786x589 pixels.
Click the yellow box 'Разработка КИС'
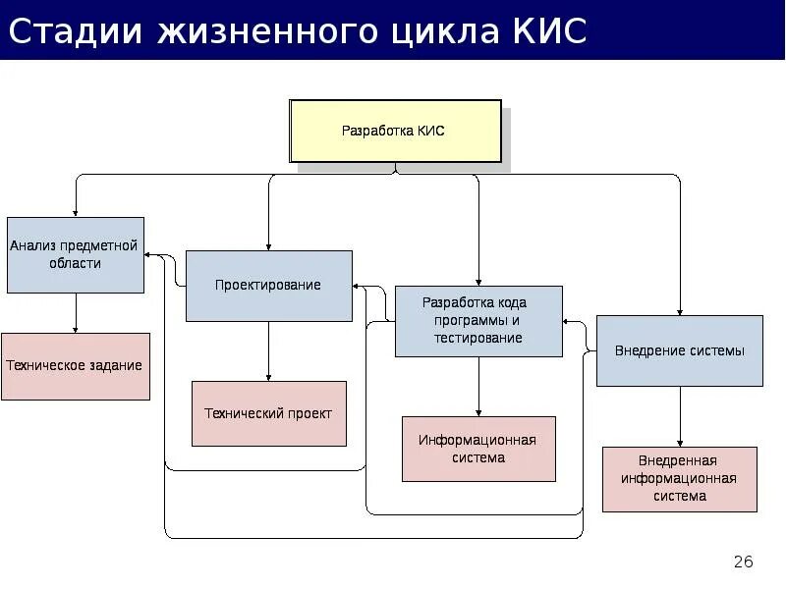click(x=395, y=131)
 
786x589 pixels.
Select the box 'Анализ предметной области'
click(x=76, y=254)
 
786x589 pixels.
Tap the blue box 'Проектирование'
click(x=268, y=285)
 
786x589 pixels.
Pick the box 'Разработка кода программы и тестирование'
click(x=478, y=320)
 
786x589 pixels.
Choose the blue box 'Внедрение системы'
click(x=679, y=350)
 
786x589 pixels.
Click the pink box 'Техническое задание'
click(x=75, y=365)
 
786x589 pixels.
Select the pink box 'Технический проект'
click(x=268, y=413)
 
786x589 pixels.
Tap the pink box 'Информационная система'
click(x=478, y=449)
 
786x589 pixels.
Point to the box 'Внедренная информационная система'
click(x=679, y=479)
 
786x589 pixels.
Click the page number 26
click(x=743, y=562)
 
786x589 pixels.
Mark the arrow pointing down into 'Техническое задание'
click(x=76, y=313)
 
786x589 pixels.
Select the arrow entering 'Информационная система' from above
click(x=478, y=387)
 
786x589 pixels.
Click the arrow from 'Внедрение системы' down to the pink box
click(x=679, y=417)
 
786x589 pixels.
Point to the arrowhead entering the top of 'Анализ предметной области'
click(x=76, y=211)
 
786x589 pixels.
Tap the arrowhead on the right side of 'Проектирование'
click(x=359, y=288)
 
